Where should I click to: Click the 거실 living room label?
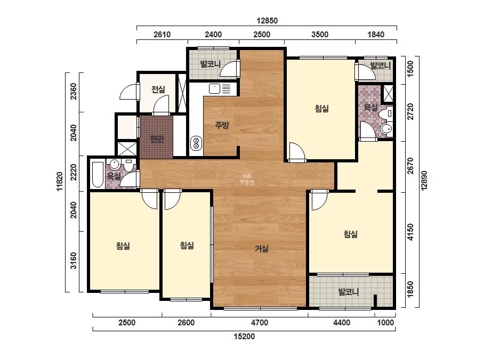[x=261, y=249]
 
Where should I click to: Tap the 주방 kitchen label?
[x=222, y=126]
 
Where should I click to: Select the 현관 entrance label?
[x=157, y=138]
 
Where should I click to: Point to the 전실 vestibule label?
[x=158, y=89]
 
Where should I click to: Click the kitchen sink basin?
[x=215, y=89]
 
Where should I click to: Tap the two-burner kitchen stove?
[x=196, y=143]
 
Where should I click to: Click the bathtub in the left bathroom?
[x=98, y=174]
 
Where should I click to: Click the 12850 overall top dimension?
[x=267, y=21]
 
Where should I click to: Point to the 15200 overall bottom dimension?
[x=244, y=337]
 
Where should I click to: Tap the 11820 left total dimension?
[x=60, y=181]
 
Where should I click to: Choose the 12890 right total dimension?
[x=424, y=181]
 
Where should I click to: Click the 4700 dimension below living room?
[x=260, y=323]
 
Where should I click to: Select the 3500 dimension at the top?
[x=320, y=35]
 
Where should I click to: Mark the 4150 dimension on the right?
[x=410, y=232]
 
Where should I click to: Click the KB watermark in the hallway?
[x=247, y=179]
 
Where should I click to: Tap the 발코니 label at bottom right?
[x=348, y=292]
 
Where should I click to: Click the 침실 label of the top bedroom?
[x=321, y=109]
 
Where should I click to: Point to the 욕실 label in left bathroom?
[x=114, y=176]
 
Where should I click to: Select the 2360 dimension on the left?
[x=74, y=91]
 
